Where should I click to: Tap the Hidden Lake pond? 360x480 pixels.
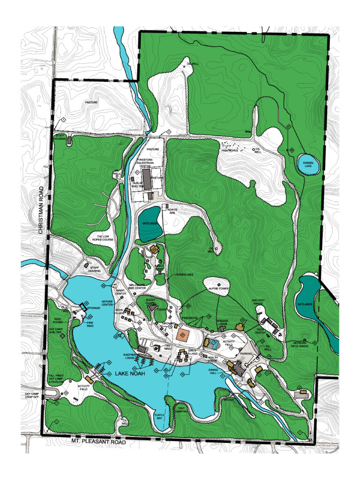[x=308, y=165]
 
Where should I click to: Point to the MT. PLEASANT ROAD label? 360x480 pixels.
[x=99, y=441]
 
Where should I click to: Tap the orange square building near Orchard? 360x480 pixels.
[x=183, y=335]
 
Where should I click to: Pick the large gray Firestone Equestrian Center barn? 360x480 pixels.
[x=147, y=180]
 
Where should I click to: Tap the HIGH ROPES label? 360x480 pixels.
[x=230, y=150]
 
